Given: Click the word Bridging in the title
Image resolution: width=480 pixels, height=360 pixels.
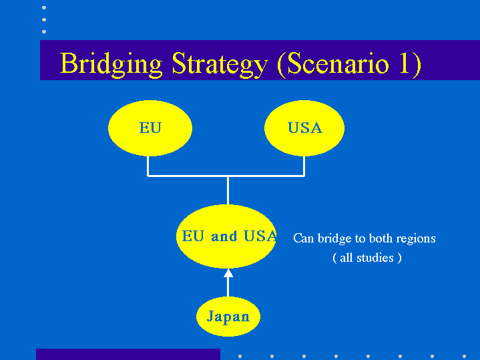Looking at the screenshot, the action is pyautogui.click(x=111, y=64).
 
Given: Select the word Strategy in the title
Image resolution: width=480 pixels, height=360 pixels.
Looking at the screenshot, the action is pyautogui.click(x=220, y=64).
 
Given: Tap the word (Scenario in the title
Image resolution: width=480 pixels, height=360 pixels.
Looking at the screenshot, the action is pyautogui.click(x=332, y=63).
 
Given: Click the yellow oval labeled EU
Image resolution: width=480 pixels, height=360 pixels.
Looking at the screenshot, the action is pyautogui.click(x=150, y=128).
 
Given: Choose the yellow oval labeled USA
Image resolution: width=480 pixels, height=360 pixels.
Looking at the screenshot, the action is pyautogui.click(x=304, y=128).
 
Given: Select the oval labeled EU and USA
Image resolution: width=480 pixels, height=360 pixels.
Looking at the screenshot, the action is pyautogui.click(x=226, y=236).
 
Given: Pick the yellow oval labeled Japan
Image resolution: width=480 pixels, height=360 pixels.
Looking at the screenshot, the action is pyautogui.click(x=228, y=317).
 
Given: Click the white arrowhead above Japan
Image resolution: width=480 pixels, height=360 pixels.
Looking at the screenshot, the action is pyautogui.click(x=228, y=273).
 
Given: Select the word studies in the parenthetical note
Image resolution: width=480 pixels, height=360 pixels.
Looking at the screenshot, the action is pyautogui.click(x=375, y=258).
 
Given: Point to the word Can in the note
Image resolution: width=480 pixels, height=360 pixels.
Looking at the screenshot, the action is pyautogui.click(x=304, y=238).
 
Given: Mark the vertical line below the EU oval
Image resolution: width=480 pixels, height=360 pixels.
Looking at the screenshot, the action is pyautogui.click(x=148, y=166).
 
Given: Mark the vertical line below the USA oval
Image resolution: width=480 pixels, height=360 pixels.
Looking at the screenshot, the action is pyautogui.click(x=304, y=166).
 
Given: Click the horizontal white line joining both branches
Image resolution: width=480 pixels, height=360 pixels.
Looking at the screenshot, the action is pyautogui.click(x=226, y=176).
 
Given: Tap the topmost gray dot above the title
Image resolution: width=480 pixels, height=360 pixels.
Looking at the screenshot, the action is pyautogui.click(x=44, y=7).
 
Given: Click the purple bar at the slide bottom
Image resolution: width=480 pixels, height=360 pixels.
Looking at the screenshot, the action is pyautogui.click(x=128, y=354).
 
